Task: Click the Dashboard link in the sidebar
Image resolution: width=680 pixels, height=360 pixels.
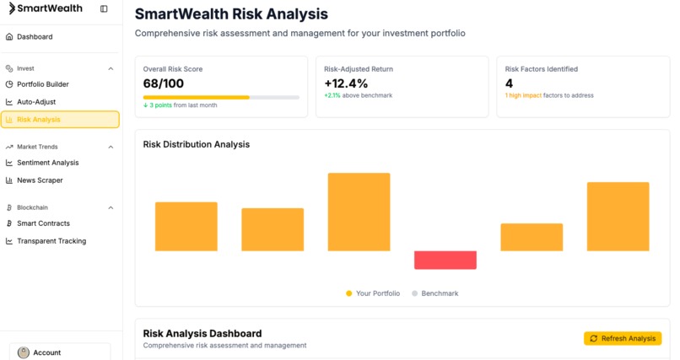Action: (34, 37)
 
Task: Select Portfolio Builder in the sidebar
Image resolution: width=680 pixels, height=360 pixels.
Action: (42, 84)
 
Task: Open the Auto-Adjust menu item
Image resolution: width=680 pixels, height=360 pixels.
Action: (35, 102)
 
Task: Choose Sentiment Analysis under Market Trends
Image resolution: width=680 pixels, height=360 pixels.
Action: (47, 163)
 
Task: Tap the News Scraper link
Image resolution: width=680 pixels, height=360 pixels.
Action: (40, 180)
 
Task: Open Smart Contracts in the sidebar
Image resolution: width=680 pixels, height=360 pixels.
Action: (43, 223)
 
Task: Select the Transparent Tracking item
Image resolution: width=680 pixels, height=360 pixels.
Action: (51, 241)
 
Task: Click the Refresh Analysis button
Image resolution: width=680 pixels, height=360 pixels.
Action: (623, 338)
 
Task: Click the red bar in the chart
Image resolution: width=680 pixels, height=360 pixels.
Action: (445, 260)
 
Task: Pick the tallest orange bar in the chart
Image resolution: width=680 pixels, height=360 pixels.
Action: (359, 212)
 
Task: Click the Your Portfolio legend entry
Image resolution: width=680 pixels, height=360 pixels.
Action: (371, 293)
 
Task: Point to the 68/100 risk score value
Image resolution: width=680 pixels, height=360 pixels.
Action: (164, 83)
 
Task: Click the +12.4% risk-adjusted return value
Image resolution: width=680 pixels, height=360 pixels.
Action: (346, 83)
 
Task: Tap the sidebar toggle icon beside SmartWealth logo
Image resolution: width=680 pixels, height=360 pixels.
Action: (104, 8)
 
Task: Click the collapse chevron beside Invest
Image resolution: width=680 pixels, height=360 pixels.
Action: (111, 68)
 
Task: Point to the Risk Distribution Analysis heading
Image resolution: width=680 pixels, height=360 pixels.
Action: (197, 144)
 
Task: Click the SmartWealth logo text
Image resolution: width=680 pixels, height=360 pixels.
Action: (47, 8)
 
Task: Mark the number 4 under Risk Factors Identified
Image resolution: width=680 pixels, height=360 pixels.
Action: (509, 83)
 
